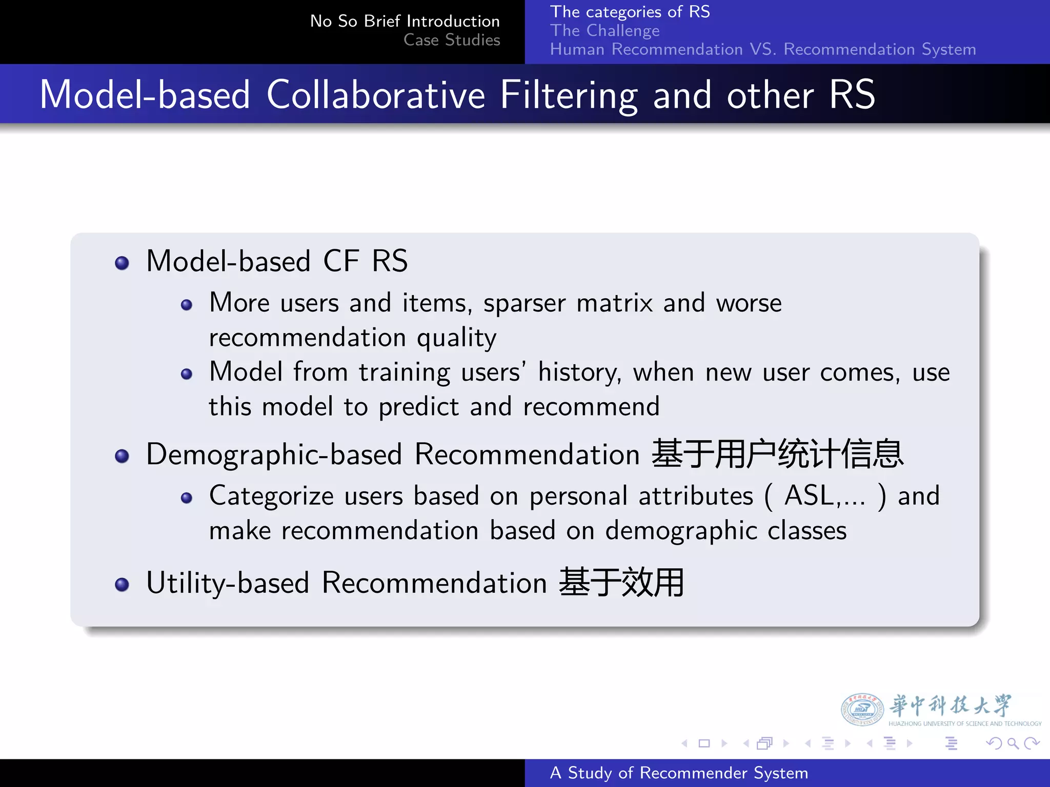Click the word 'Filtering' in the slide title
tap(569, 95)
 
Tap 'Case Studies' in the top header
tap(451, 40)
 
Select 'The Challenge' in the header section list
tap(604, 31)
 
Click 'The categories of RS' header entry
tap(630, 12)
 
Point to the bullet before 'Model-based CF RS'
tap(122, 263)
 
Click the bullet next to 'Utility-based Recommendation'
tap(122, 584)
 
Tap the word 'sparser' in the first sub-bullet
tap(524, 303)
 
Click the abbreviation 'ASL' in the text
tap(809, 496)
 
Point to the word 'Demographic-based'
tap(274, 455)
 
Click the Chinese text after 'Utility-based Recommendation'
tap(621, 583)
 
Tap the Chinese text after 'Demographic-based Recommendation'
tap(777, 454)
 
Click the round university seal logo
tap(862, 710)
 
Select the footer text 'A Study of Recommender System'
tap(678, 773)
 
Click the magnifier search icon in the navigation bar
tap(1013, 743)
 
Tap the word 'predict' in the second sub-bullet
tap(418, 407)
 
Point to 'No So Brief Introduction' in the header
tap(405, 21)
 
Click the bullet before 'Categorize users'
tap(187, 498)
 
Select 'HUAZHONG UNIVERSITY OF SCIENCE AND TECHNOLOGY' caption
tap(964, 724)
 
